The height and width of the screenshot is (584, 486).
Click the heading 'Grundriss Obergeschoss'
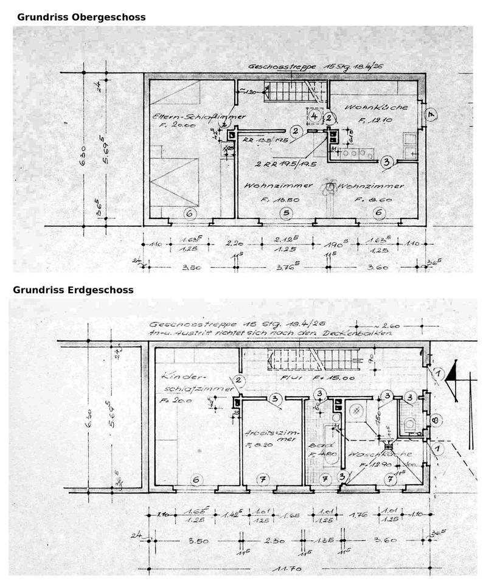click(81, 17)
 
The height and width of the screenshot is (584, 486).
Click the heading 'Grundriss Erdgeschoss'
click(73, 290)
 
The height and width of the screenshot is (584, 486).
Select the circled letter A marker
click(430, 114)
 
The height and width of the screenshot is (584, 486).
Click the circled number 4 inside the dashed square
click(314, 115)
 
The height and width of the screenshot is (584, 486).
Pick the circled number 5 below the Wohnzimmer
click(284, 213)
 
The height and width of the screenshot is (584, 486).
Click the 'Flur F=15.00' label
click(310, 377)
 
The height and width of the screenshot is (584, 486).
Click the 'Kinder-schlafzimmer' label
click(195, 381)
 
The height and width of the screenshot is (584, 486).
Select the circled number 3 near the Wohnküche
click(386, 162)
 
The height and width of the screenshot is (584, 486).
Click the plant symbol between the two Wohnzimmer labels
click(330, 187)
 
